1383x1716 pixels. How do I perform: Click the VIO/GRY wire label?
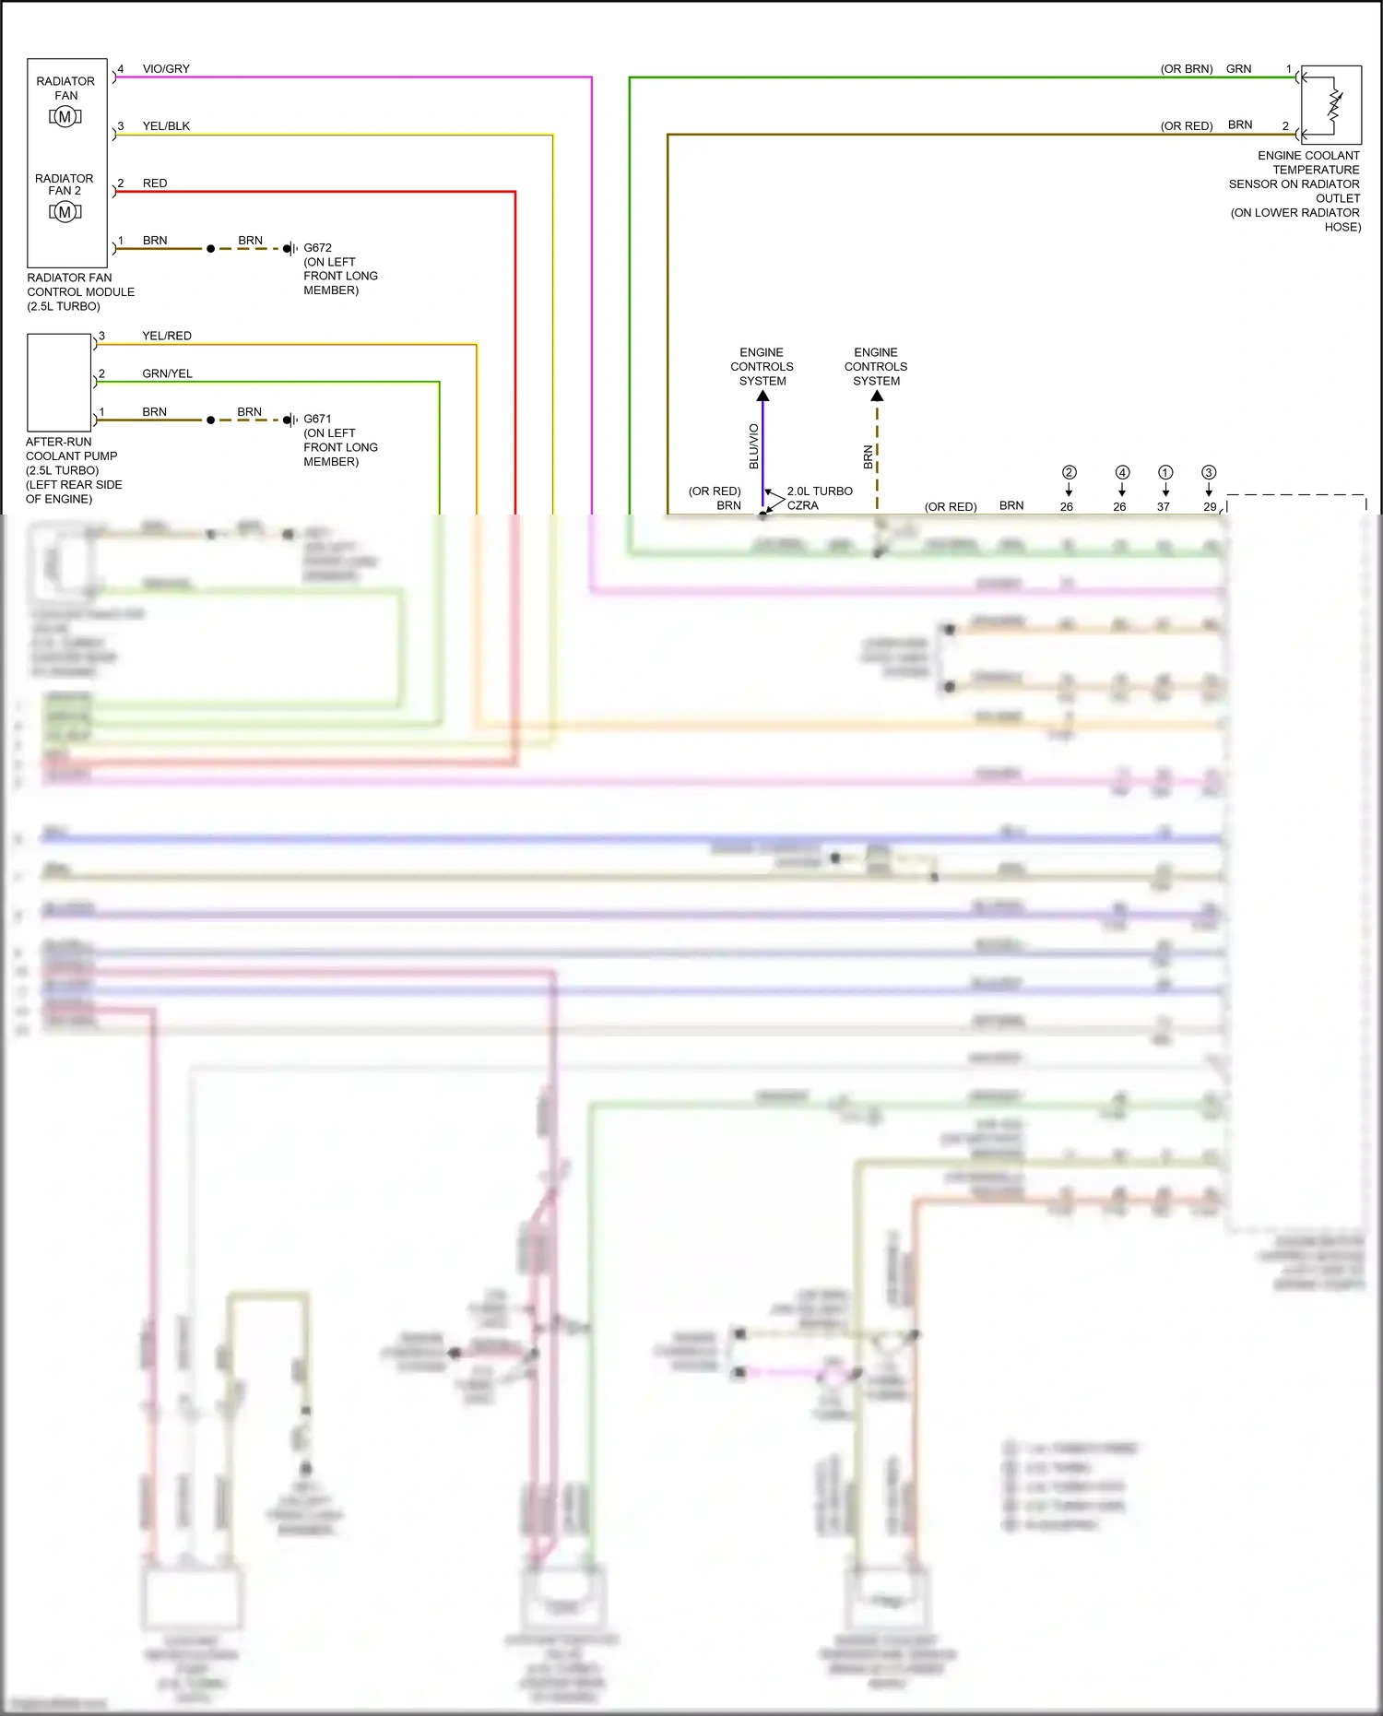coord(166,69)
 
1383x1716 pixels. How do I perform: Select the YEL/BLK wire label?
coord(166,126)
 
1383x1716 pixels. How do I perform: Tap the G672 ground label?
coord(317,248)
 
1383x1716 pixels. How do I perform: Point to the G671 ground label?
coord(317,419)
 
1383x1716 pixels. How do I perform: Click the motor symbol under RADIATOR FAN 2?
coord(65,212)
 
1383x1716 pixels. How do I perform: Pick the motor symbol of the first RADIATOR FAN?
coord(65,117)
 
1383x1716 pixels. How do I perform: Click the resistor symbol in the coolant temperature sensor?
coord(1334,104)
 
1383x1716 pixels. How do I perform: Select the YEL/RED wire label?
coord(167,336)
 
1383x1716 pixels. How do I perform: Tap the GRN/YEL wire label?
coord(167,373)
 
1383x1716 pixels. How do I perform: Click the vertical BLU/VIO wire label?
coord(754,446)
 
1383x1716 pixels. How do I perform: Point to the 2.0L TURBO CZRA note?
coord(819,498)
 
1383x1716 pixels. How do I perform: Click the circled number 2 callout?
coord(1070,472)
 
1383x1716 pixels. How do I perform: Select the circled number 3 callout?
coord(1209,472)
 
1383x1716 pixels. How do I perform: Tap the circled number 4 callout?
coord(1122,472)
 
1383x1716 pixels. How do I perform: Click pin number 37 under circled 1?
coord(1164,506)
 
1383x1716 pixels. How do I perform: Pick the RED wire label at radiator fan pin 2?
coord(155,183)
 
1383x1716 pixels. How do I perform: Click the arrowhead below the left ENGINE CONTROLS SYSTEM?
coord(762,396)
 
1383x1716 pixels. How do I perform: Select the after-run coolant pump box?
coord(59,382)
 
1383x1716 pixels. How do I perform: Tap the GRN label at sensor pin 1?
coord(1238,69)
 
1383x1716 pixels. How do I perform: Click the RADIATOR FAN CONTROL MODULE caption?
coord(80,291)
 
